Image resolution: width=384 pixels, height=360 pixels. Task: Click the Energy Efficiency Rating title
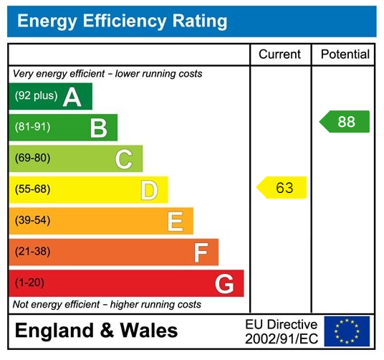[x=122, y=21]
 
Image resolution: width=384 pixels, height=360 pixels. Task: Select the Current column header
[x=279, y=55]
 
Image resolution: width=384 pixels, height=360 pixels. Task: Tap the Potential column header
[x=345, y=55]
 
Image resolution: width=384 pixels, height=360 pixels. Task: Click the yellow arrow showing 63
[x=282, y=188]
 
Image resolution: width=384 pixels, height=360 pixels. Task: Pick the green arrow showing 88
[x=345, y=122]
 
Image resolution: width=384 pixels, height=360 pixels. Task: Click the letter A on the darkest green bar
[x=72, y=97]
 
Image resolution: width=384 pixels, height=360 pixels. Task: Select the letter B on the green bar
[x=98, y=128]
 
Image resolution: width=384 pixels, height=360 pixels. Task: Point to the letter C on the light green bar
[x=123, y=159]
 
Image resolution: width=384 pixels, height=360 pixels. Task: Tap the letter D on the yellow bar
[x=149, y=190]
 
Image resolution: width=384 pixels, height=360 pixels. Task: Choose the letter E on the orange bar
[x=175, y=222]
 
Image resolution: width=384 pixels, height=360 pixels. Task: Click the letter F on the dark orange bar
[x=201, y=252]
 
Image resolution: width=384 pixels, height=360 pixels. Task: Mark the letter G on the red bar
[x=224, y=284]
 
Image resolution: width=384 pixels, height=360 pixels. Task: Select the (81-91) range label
[x=32, y=128]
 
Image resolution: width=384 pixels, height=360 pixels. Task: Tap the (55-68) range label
[x=32, y=190]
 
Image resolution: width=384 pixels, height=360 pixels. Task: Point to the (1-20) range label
[x=29, y=283]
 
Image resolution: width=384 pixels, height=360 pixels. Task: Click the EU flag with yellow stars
[x=347, y=331]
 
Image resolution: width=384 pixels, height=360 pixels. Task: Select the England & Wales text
[x=96, y=331]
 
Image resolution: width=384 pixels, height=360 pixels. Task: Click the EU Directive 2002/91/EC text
[x=281, y=331]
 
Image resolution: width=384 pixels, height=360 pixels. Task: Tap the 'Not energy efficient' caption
[x=107, y=305]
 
